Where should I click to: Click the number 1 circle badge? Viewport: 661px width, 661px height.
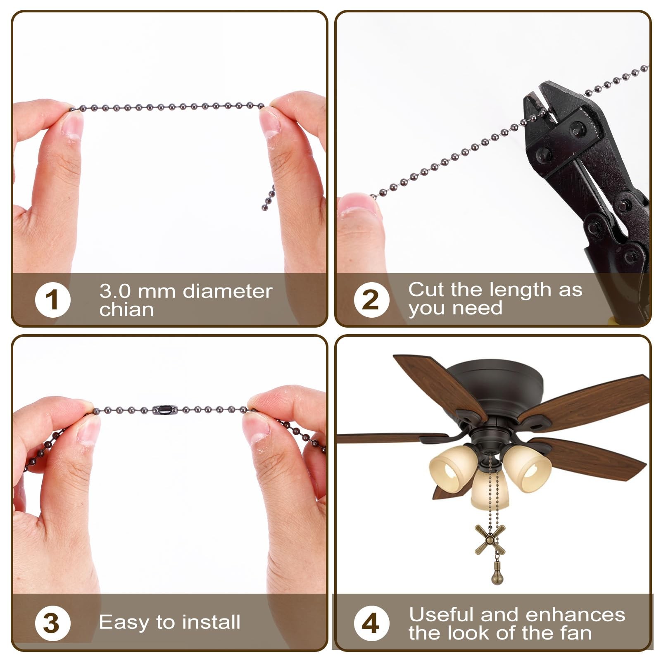pos(52,300)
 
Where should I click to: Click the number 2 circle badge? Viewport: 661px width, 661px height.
pos(371,300)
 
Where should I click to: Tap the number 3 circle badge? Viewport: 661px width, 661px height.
pos(52,623)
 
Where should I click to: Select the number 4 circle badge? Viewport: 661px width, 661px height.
pos(371,623)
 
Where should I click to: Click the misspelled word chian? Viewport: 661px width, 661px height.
pos(126,310)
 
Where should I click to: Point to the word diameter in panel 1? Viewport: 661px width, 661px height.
pos(227,291)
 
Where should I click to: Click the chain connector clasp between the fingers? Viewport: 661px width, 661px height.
pos(165,410)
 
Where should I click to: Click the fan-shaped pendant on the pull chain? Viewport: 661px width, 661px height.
pos(490,539)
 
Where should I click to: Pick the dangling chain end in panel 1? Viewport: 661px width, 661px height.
pos(269,198)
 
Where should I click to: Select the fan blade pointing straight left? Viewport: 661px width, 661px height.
pos(388,438)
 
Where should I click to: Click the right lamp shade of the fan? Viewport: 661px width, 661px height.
pos(529,469)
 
